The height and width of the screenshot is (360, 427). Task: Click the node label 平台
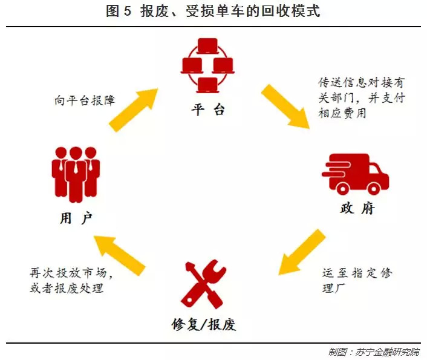[x=208, y=110]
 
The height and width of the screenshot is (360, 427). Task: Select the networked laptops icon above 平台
[x=207, y=65]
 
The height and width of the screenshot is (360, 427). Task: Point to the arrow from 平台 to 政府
[x=285, y=106]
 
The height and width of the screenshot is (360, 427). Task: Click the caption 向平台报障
[x=84, y=100]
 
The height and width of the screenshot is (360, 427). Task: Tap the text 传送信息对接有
[x=358, y=83]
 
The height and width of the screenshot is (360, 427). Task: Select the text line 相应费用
[x=342, y=113]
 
